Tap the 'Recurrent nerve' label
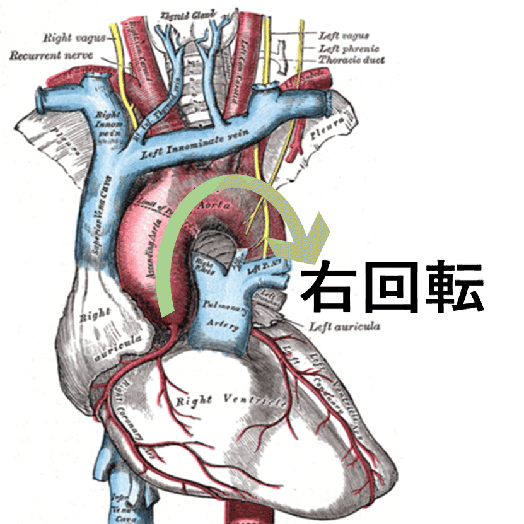[50, 55]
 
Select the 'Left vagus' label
[343, 37]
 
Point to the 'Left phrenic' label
[348, 49]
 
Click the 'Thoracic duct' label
[351, 61]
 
